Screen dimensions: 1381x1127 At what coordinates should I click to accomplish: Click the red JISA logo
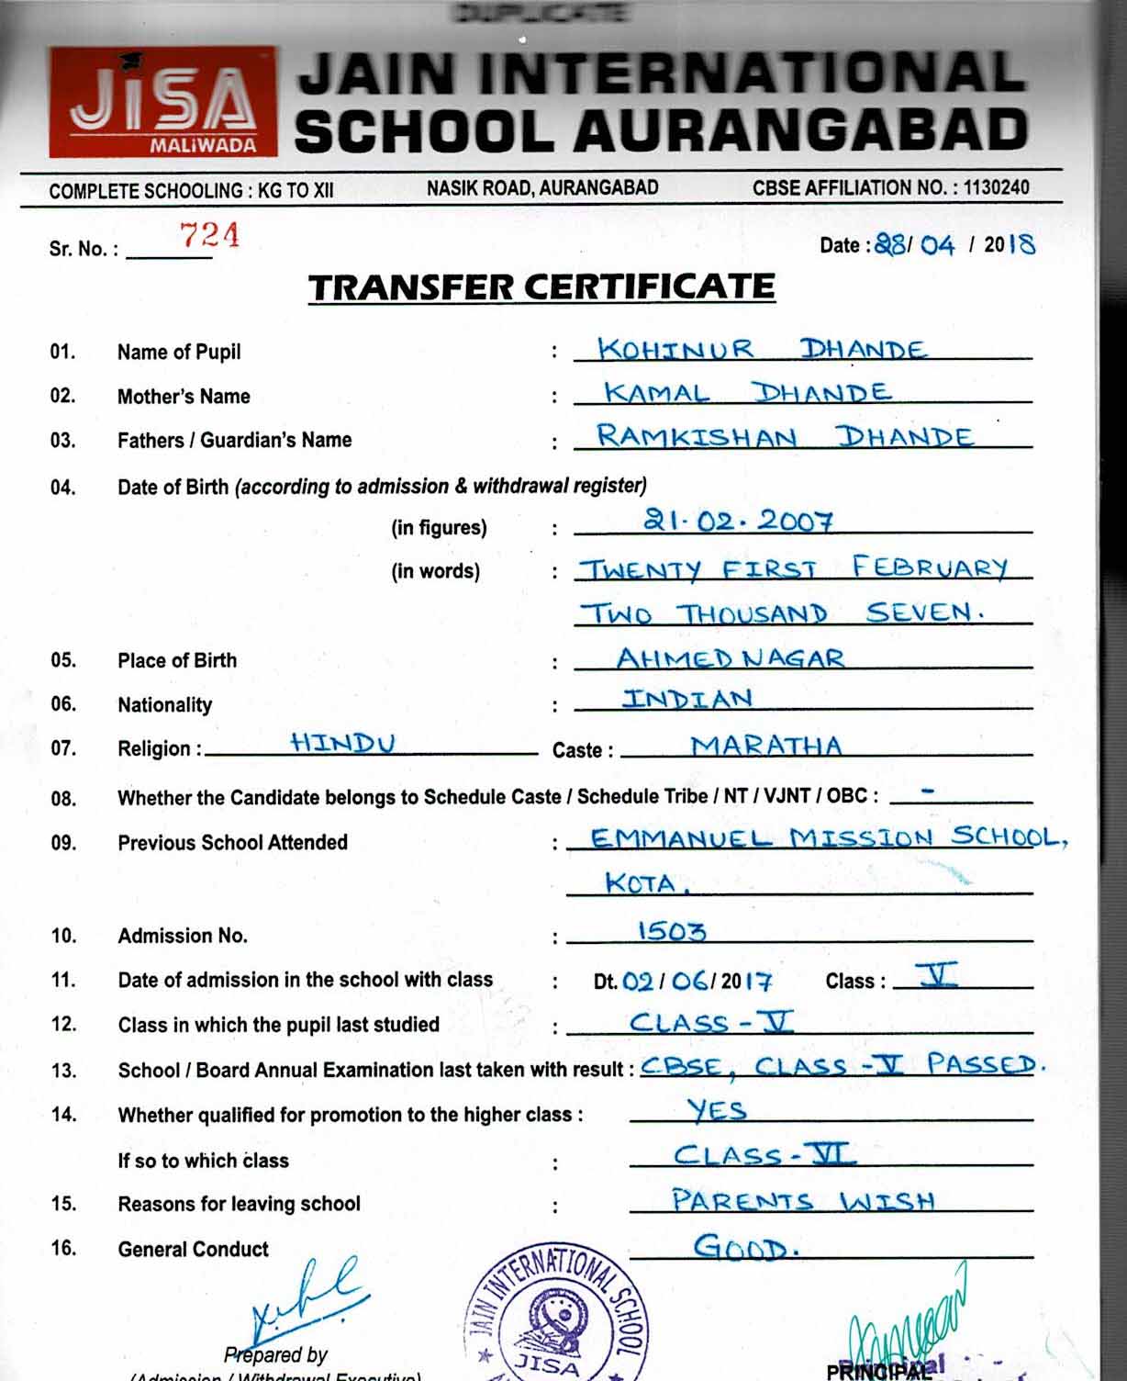(x=162, y=102)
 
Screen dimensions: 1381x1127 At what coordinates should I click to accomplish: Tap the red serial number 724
(x=210, y=235)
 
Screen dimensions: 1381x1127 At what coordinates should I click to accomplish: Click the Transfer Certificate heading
(x=541, y=287)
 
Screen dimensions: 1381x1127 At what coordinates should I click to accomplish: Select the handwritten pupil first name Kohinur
(x=675, y=350)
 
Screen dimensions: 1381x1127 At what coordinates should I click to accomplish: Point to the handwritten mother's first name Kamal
(x=656, y=394)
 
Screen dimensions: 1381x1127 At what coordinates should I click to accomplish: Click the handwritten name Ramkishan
(x=696, y=436)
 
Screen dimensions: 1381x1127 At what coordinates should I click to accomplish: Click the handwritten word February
(x=929, y=567)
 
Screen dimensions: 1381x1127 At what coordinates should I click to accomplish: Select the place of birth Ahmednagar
(x=730, y=657)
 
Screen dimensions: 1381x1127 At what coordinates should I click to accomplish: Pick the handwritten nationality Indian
(x=687, y=699)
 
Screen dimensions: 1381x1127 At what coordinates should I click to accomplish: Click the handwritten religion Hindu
(x=342, y=742)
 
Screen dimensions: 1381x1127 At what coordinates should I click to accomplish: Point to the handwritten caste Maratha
(x=766, y=746)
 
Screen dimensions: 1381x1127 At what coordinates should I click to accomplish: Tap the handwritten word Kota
(x=645, y=883)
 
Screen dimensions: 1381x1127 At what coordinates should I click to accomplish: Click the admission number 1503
(x=672, y=932)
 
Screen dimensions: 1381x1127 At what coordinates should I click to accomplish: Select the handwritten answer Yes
(x=717, y=1110)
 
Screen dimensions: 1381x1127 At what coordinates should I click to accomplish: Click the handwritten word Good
(x=745, y=1248)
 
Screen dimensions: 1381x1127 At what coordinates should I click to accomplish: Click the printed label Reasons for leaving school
(x=239, y=1204)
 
